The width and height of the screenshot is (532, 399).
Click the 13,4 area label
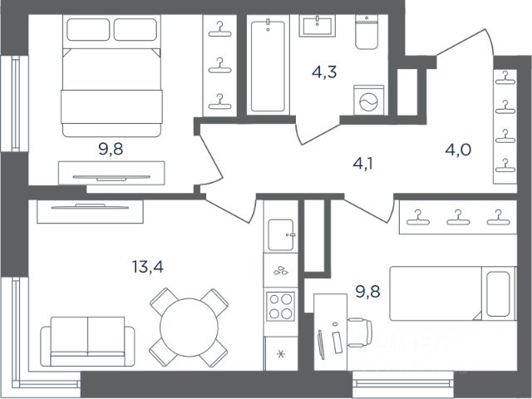coord(148,267)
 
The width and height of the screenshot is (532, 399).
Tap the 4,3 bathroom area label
coord(324,72)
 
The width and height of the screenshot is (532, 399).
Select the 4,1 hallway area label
coord(362,164)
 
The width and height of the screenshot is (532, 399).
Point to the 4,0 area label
coord(458,150)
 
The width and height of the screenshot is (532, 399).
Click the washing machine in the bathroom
coord(369,101)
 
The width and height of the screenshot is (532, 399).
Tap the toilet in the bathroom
coord(367,32)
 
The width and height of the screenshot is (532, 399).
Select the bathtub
coord(268,65)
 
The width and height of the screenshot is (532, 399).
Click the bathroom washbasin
coord(318,26)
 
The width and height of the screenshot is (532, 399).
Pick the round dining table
coord(189,328)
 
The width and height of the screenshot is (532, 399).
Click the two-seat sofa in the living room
coord(87,342)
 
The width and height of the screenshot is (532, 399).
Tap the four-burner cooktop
coord(280,307)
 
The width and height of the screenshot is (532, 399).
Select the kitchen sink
coord(281,234)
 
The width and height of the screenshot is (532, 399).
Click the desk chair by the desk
coord(360,332)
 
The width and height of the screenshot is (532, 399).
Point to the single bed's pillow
coord(498,293)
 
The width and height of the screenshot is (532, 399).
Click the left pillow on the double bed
coord(88,30)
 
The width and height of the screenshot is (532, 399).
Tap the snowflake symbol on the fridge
coord(281,354)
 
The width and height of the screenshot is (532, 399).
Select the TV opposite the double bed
coord(111,177)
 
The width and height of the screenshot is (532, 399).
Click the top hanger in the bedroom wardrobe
coord(219,29)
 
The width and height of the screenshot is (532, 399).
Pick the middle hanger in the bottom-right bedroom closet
coord(458,218)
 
